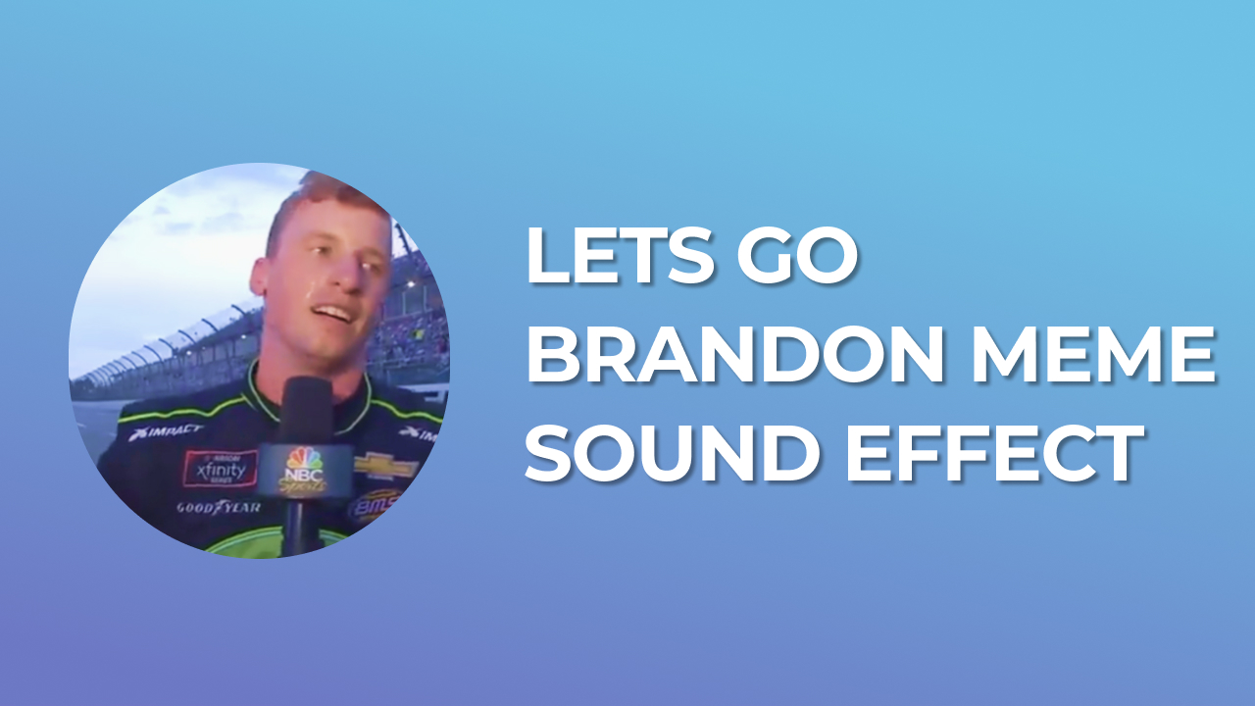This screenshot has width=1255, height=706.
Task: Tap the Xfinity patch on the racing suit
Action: pos(220,469)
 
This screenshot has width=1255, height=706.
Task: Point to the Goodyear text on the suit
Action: pos(218,508)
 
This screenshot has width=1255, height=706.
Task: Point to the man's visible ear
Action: pos(258,278)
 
